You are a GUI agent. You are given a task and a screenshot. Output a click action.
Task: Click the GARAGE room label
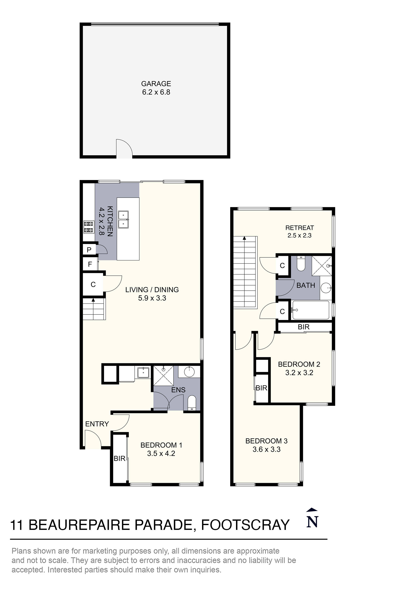click(156, 84)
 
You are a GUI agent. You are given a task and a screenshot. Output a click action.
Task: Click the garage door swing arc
click(125, 148)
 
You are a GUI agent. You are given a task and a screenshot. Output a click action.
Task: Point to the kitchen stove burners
click(88, 227)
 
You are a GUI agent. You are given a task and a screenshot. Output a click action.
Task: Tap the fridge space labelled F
click(90, 264)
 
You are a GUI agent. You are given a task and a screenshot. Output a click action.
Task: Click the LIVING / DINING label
click(152, 290)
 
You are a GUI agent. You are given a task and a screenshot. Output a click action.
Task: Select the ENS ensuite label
click(178, 390)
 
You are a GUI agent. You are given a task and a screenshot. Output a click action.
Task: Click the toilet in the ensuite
click(192, 403)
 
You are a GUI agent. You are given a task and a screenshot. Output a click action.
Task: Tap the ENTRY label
click(97, 424)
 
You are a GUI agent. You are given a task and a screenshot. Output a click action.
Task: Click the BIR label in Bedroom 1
click(119, 458)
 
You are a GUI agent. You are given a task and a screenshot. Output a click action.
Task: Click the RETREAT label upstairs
click(300, 228)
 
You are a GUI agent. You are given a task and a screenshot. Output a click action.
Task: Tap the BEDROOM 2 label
click(299, 364)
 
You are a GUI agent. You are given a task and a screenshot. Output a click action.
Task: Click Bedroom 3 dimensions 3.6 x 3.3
click(266, 450)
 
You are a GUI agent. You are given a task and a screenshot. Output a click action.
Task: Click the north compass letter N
click(312, 522)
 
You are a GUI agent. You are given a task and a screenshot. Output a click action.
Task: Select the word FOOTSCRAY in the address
click(245, 525)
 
